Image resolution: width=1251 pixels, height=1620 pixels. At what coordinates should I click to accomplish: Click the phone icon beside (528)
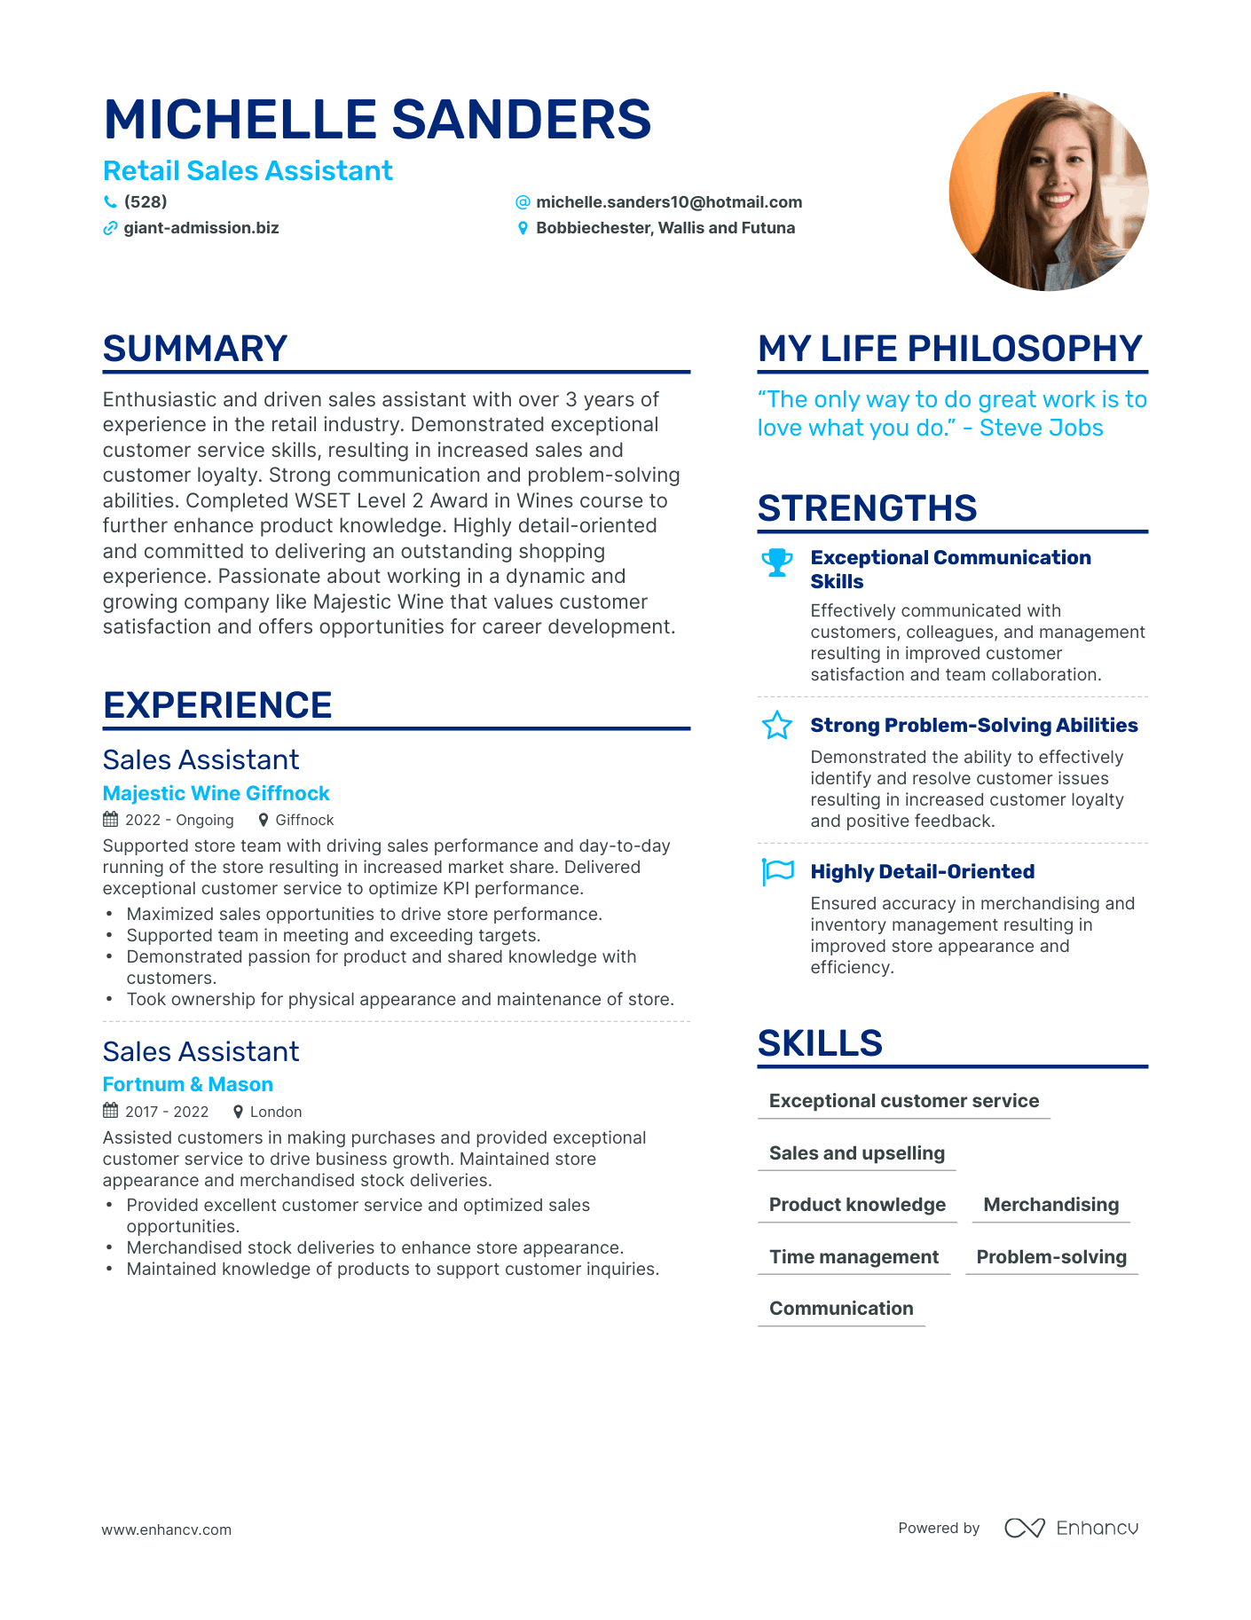pos(110,202)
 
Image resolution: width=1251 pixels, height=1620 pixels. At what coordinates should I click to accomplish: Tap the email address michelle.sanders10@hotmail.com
pos(668,202)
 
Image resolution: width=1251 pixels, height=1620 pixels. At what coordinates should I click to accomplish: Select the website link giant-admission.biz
pos(201,228)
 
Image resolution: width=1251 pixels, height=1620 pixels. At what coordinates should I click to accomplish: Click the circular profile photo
pos(1048,192)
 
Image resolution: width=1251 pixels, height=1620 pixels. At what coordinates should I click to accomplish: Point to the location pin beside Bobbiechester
pos(523,229)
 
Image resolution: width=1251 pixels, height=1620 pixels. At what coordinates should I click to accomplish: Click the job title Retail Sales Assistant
pos(248,170)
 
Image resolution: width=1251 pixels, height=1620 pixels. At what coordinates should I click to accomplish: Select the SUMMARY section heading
pos(195,349)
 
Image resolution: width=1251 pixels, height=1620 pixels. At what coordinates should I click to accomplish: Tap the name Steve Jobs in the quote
pos(1041,428)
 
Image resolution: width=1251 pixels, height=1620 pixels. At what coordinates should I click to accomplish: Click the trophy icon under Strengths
pos(777,562)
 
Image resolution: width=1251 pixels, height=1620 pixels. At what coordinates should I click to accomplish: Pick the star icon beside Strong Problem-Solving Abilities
pos(777,726)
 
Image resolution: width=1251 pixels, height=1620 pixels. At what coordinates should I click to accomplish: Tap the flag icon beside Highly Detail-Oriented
pos(777,871)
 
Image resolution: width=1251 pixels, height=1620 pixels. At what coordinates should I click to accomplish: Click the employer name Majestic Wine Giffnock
pos(216,793)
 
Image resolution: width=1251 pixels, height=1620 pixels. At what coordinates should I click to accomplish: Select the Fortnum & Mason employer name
pos(187,1084)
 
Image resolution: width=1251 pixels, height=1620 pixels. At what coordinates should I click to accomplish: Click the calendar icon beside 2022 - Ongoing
pos(111,820)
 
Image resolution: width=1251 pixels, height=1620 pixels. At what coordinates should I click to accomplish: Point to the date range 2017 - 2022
pos(167,1112)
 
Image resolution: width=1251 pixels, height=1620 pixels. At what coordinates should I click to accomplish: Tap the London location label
pos(275,1112)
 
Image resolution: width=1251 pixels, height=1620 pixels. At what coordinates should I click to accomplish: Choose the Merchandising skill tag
pos(1050,1205)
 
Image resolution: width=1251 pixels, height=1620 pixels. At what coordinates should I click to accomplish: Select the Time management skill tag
pos(854,1257)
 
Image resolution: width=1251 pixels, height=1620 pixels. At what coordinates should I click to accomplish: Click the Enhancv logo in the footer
pos(1071,1528)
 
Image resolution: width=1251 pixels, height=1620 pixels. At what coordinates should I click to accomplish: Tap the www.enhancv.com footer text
pos(166,1530)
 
